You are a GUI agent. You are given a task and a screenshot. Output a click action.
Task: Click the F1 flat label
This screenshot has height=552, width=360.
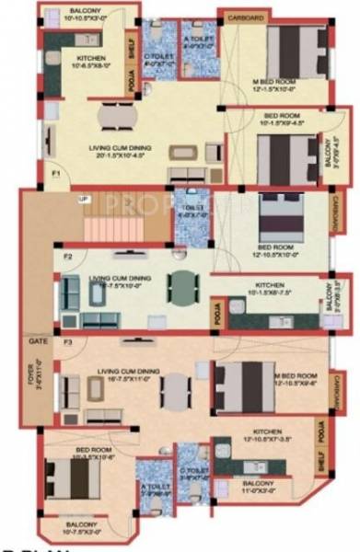55,171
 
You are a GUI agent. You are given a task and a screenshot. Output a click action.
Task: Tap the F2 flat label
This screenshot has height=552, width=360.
67,257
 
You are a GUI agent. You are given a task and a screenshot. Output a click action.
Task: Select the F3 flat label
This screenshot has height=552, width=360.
67,341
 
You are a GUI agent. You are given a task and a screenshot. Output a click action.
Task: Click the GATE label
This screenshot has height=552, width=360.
38,339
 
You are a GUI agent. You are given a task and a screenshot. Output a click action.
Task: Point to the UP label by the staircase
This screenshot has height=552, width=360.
85,198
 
